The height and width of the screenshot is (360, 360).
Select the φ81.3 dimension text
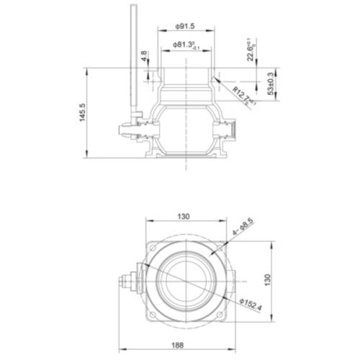point(186,45)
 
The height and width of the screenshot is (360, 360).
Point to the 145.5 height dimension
point(82,114)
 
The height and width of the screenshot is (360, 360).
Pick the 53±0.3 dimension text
point(270,84)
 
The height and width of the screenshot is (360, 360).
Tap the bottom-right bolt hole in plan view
point(222,314)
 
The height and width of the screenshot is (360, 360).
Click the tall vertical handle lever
point(133,58)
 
